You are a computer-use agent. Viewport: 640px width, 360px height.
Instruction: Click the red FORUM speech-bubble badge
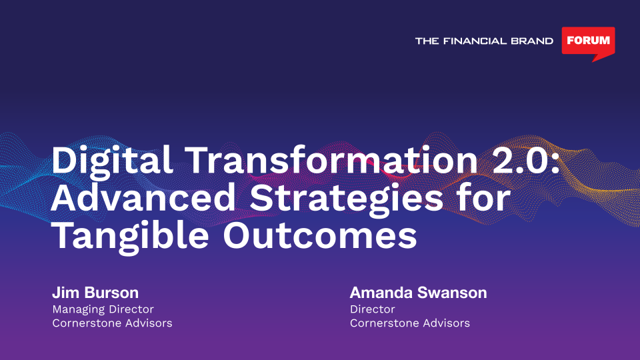click(588, 41)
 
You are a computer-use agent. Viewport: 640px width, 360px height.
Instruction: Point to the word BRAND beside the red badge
click(532, 41)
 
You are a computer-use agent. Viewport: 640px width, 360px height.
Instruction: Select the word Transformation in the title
click(331, 160)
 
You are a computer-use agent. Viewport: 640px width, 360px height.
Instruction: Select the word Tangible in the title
click(130, 237)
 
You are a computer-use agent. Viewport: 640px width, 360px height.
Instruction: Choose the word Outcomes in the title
click(320, 236)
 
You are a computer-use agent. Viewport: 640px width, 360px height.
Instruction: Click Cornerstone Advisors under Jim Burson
click(112, 323)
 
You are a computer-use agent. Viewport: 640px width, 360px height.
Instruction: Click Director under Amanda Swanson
click(372, 309)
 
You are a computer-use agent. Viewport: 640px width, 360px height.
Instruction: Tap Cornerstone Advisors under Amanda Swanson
click(410, 323)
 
